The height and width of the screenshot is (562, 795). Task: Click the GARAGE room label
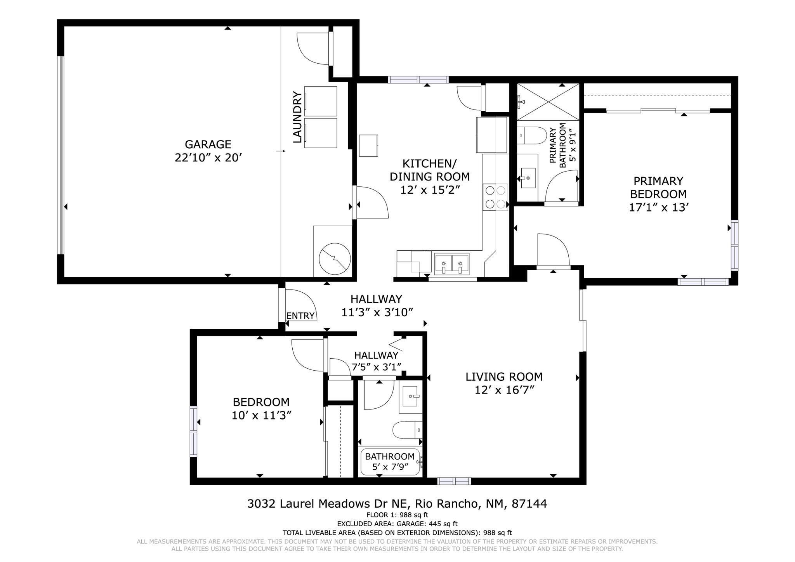pyautogui.click(x=208, y=144)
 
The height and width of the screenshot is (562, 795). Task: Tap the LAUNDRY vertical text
pyautogui.click(x=297, y=117)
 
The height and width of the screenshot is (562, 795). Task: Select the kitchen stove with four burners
pyautogui.click(x=495, y=197)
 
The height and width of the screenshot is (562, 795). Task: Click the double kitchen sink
pyautogui.click(x=451, y=263)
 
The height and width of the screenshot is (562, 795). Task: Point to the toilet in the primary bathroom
pyautogui.click(x=532, y=135)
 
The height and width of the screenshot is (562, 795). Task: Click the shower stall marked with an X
pyautogui.click(x=548, y=102)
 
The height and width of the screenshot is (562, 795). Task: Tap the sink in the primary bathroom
pyautogui.click(x=528, y=178)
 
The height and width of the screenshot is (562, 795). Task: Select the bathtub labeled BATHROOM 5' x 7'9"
pyautogui.click(x=390, y=462)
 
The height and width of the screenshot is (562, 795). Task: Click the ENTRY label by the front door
pyautogui.click(x=300, y=316)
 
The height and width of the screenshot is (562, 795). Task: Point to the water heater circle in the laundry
pyautogui.click(x=335, y=259)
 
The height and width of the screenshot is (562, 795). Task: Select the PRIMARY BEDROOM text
pyautogui.click(x=658, y=187)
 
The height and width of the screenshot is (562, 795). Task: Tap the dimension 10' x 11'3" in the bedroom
pyautogui.click(x=261, y=416)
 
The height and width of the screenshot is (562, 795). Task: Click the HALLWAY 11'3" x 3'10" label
pyautogui.click(x=376, y=305)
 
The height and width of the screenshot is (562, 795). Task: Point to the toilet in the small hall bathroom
pyautogui.click(x=407, y=430)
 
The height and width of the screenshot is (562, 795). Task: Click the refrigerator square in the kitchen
pyautogui.click(x=491, y=135)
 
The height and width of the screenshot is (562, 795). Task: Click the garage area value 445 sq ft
pyautogui.click(x=443, y=524)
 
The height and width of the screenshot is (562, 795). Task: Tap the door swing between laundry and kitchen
pyautogui.click(x=372, y=203)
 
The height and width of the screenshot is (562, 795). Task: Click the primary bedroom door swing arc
pyautogui.click(x=553, y=249)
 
